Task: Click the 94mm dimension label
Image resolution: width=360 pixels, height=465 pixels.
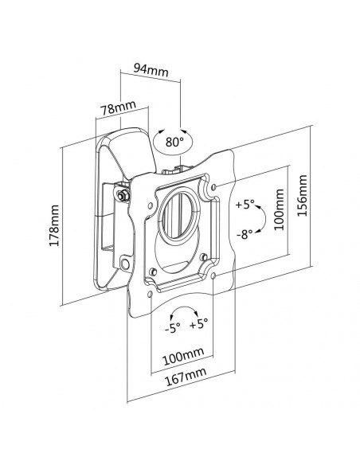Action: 151,70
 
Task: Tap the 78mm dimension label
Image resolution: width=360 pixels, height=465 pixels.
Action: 119,108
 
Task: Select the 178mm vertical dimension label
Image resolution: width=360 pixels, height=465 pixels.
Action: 54,225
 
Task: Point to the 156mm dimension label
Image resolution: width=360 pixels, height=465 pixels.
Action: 302,196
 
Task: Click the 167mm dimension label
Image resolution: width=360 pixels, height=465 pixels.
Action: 186,377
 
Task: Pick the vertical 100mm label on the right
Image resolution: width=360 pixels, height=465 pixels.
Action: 279,209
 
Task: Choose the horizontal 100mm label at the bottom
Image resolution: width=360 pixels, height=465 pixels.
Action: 183,356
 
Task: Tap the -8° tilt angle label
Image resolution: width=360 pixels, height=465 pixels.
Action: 245,235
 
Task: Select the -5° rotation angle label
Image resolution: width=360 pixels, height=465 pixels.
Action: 172,328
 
